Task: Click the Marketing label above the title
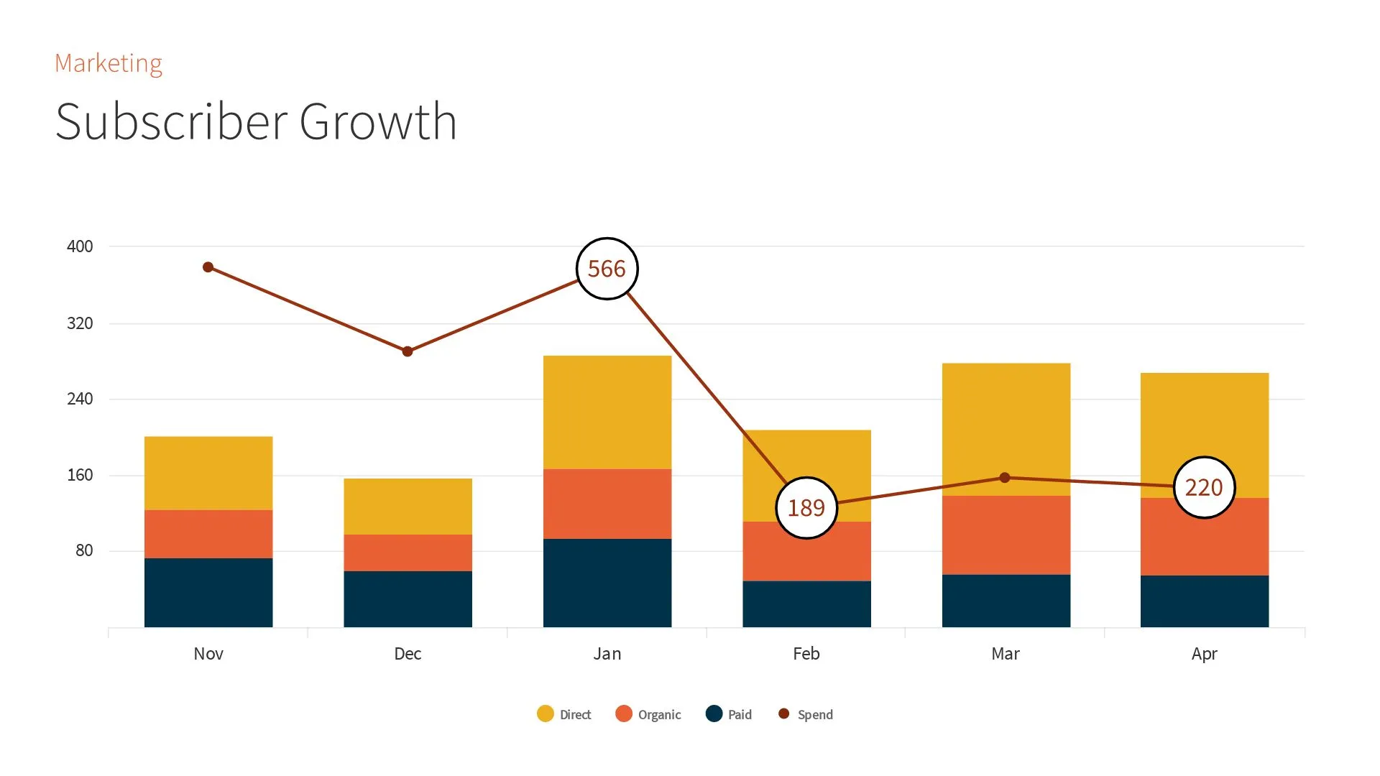click(109, 63)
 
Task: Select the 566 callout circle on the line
click(607, 269)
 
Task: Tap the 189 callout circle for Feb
click(806, 508)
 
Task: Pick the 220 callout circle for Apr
click(1204, 488)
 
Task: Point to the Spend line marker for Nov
click(208, 267)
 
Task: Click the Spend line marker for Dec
click(408, 351)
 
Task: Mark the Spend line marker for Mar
click(1005, 478)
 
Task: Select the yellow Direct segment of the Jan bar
click(607, 412)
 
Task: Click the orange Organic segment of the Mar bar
click(1006, 535)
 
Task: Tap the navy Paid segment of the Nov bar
click(208, 592)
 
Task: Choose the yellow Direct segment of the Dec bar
click(408, 506)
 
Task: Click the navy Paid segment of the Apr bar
click(1204, 601)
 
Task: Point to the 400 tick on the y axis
click(80, 246)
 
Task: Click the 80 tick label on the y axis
click(84, 550)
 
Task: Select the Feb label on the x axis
click(806, 654)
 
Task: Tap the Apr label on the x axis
click(1204, 654)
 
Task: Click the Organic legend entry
click(648, 714)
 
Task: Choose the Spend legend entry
click(806, 714)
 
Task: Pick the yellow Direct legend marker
click(545, 713)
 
